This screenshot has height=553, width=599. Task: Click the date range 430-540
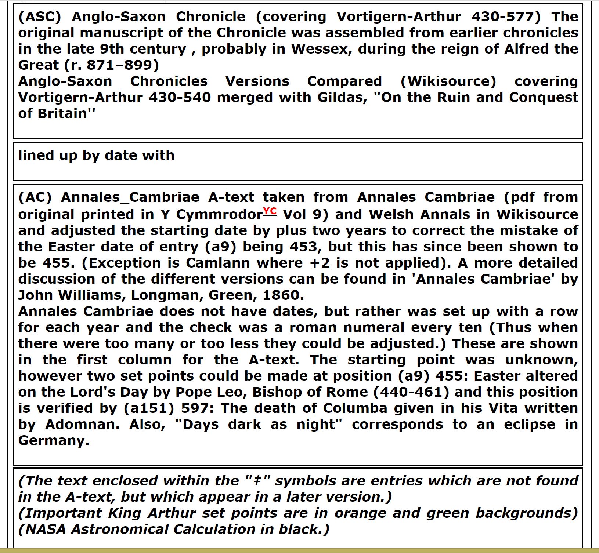coord(180,98)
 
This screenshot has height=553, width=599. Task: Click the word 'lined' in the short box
coord(34,156)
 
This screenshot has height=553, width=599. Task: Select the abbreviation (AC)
coord(35,197)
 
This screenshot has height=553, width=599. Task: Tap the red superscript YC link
coord(270,211)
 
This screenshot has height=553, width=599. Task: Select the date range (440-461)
coord(411,392)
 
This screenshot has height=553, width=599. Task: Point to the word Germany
coord(54,441)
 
